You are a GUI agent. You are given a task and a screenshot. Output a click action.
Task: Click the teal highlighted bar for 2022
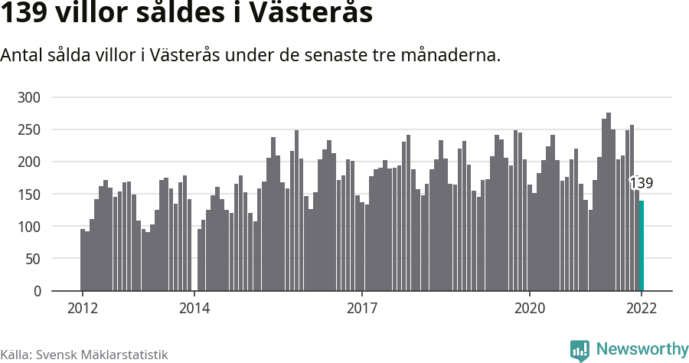pos(642,246)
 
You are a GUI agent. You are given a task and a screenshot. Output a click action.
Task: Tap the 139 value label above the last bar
pos(641,183)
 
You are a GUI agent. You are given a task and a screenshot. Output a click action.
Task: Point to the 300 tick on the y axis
pos(29,97)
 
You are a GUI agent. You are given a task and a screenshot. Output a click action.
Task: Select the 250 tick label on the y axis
pos(29,129)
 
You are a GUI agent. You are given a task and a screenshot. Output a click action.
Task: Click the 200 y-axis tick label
pos(29,162)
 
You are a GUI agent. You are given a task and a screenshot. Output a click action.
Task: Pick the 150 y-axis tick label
pos(29,195)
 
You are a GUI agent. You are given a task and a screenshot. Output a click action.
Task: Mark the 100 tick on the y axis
pos(29,227)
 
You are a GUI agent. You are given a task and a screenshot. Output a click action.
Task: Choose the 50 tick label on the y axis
pos(32,259)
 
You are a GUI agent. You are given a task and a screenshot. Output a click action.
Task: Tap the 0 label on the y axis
pos(36,291)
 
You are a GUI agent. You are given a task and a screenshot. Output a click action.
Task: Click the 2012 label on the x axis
pos(82,308)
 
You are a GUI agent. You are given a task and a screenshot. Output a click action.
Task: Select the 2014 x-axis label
pos(194,308)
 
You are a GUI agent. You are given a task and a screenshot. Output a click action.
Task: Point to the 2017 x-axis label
pos(362,308)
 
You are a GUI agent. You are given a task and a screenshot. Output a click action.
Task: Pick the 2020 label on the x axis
pos(530,308)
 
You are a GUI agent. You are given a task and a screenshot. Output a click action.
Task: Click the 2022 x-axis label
pos(642,308)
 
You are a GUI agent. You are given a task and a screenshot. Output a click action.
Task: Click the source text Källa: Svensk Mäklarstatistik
pos(84,355)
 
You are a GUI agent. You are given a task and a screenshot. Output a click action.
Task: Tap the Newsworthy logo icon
pos(580,350)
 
